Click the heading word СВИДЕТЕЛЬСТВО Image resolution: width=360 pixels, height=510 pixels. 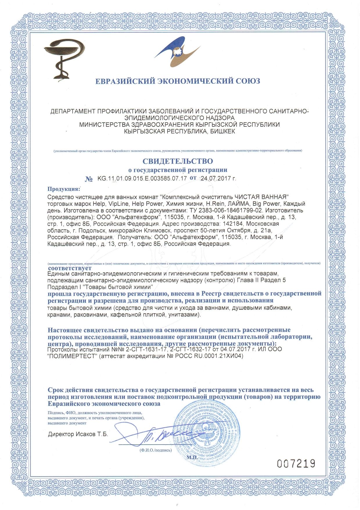[x=177, y=161]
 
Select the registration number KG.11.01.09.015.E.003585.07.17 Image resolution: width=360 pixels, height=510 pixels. [x=142, y=178]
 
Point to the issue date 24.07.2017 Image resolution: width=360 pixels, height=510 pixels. [x=216, y=178]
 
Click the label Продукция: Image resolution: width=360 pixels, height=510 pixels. [x=64, y=189]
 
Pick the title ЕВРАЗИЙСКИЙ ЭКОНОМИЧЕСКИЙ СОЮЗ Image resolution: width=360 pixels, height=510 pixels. [x=178, y=80]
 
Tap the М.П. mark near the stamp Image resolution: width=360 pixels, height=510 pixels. [x=192, y=457]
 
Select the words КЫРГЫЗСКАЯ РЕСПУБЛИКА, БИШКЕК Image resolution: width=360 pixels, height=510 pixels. [x=179, y=131]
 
